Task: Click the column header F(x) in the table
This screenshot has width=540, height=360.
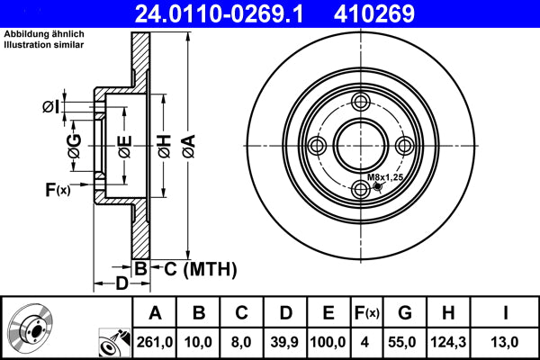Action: click(368, 313)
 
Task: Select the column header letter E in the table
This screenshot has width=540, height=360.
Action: click(328, 313)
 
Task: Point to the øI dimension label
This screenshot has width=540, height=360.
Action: click(52, 108)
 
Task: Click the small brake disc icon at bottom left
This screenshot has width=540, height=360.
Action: click(30, 329)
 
